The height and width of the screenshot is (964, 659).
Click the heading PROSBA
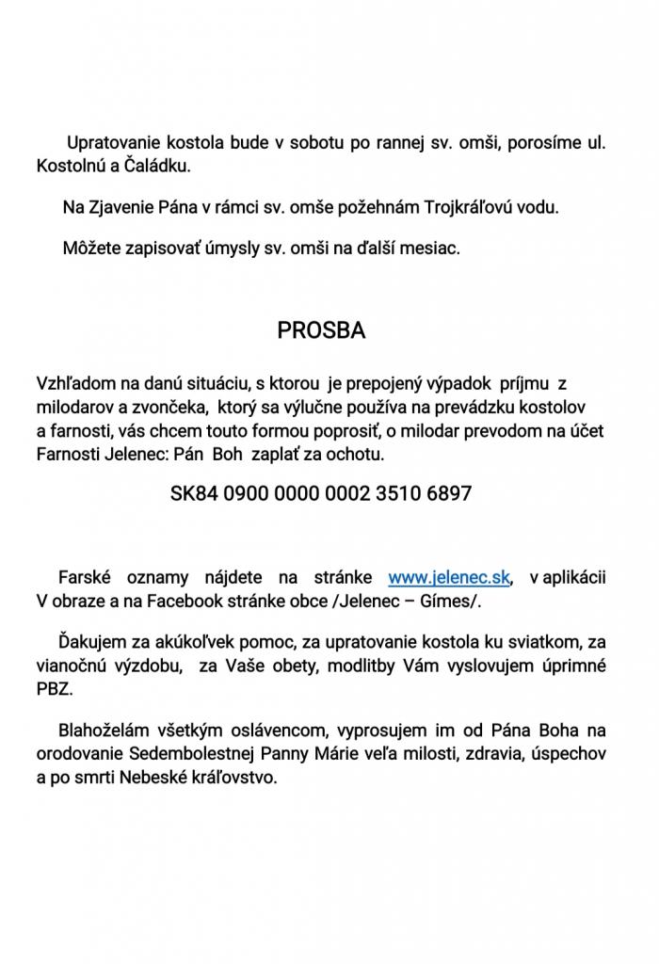coord(321,330)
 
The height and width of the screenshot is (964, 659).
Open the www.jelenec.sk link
coord(450,577)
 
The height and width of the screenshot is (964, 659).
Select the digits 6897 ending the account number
coord(447,492)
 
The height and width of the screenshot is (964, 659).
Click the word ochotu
coord(358,454)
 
